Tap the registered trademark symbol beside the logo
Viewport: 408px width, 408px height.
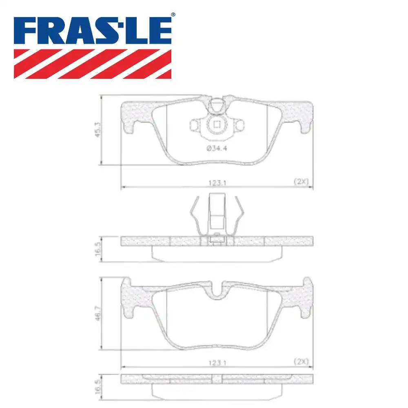(x=173, y=15)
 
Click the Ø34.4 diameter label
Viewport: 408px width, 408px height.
(x=216, y=149)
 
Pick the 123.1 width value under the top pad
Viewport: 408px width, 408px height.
(x=217, y=184)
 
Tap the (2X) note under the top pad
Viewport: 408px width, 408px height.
(x=301, y=182)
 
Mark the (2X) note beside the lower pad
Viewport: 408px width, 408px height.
(x=301, y=361)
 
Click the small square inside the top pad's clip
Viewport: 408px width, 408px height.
(x=217, y=125)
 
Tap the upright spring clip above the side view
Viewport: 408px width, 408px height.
(x=217, y=216)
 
